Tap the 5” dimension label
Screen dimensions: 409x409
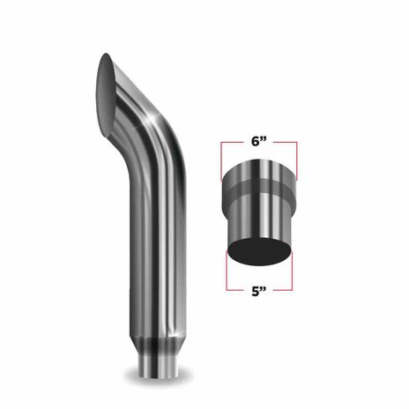point(258,292)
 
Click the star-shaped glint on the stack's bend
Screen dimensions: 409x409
point(152,118)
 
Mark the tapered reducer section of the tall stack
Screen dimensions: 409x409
point(159,346)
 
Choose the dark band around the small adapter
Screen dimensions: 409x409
point(259,188)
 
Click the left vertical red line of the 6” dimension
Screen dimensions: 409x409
point(221,161)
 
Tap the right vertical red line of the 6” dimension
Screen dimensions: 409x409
point(296,160)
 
